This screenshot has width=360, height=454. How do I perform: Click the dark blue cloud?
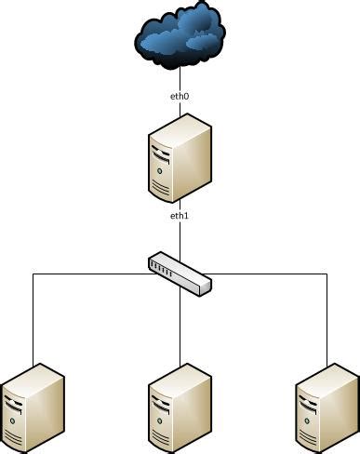pyautogui.click(x=179, y=37)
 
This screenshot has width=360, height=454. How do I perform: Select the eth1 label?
pyautogui.click(x=180, y=216)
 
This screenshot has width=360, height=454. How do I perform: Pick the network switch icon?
pyautogui.click(x=180, y=274)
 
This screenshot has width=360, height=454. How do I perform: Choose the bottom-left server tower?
pyautogui.click(x=33, y=407)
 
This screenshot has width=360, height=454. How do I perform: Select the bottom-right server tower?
pyautogui.click(x=327, y=407)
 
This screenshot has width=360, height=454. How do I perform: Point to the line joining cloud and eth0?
pyautogui.click(x=180, y=78)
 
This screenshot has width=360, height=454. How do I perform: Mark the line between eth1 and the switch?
pyautogui.click(x=180, y=238)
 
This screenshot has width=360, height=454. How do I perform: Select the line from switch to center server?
pyautogui.click(x=180, y=326)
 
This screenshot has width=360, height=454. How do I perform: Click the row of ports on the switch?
pyautogui.click(x=163, y=270)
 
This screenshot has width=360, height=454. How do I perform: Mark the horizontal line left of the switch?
pyautogui.click(x=93, y=274)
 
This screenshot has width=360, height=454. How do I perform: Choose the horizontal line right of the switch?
pyautogui.click(x=270, y=274)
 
